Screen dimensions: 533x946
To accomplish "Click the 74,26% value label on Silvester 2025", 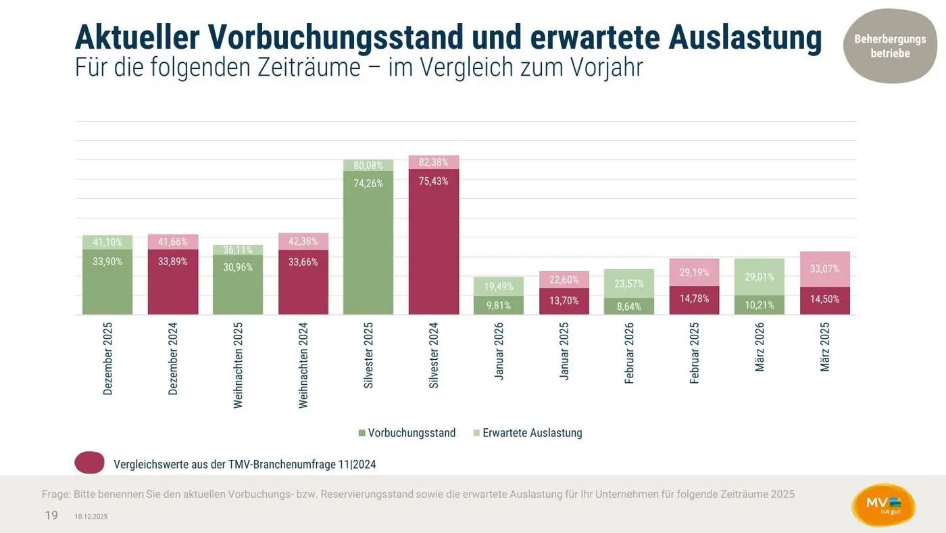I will click(x=368, y=183).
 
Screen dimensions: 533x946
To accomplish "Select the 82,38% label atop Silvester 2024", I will click(x=434, y=162).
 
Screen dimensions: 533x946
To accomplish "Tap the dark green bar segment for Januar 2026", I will click(x=499, y=305).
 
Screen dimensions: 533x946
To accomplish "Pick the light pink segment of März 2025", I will click(x=825, y=269).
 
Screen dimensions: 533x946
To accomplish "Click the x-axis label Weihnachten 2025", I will click(x=238, y=365).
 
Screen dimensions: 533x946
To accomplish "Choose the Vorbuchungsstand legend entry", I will click(x=407, y=433).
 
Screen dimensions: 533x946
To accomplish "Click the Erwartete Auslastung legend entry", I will click(x=527, y=433).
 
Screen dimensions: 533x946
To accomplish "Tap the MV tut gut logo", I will click(x=883, y=506).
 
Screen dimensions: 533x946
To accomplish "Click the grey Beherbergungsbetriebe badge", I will click(x=890, y=46).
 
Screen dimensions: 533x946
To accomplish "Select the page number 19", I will click(x=51, y=515).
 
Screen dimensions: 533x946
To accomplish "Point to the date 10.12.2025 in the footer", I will click(x=91, y=517).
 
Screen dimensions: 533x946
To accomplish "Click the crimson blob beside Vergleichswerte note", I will click(x=89, y=463).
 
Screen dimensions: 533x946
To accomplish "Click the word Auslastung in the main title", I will click(x=745, y=39).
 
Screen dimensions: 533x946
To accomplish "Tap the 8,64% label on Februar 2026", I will click(x=629, y=306).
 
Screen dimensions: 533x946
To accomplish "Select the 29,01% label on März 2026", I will click(x=760, y=277).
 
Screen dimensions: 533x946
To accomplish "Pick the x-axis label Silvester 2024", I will click(x=434, y=354).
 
